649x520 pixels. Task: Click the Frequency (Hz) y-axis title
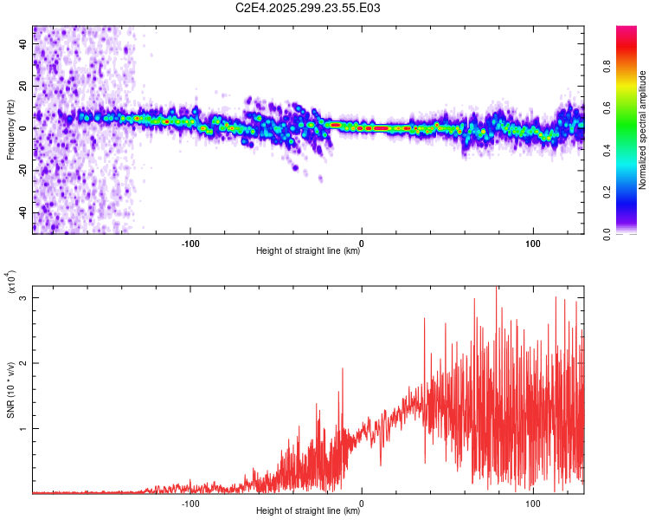[10, 129]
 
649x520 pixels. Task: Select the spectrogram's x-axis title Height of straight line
[309, 251]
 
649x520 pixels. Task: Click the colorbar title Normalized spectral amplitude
[642, 130]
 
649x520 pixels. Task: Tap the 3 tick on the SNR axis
[25, 298]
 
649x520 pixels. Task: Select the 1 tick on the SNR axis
[25, 428]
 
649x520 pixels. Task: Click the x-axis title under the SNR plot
[309, 511]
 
